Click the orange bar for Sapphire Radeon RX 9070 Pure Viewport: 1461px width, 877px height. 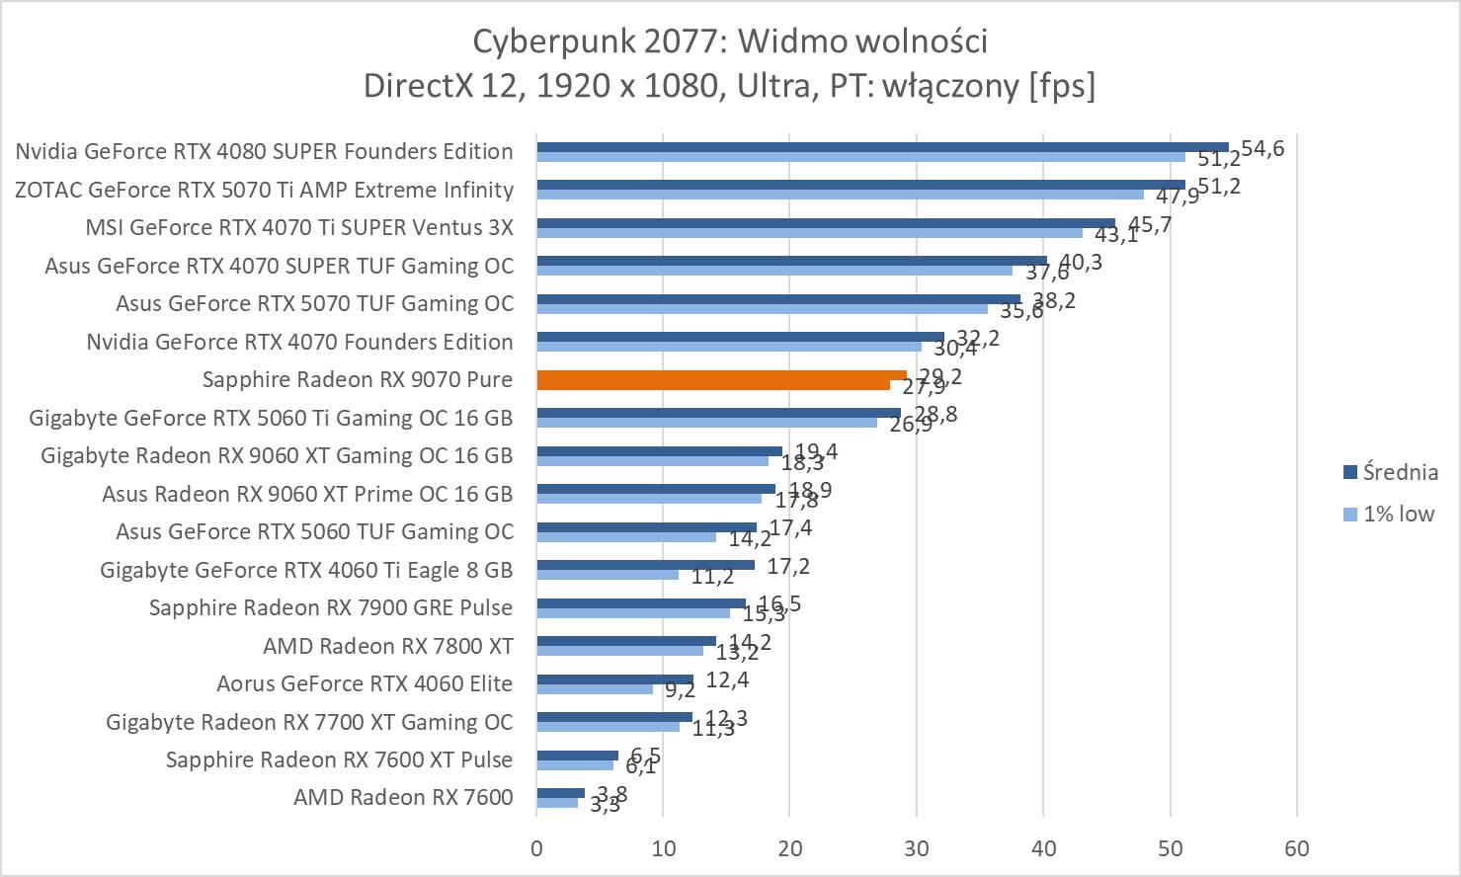point(721,379)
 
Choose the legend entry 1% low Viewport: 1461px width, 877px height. point(1398,514)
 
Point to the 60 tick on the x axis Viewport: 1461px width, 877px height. point(1297,848)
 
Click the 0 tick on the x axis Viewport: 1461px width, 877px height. point(536,848)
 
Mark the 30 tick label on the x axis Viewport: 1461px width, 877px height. point(917,848)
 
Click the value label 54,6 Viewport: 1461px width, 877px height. point(1262,149)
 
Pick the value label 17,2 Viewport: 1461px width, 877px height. point(789,567)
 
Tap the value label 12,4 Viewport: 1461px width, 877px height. point(727,679)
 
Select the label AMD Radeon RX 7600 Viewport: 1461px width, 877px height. point(403,797)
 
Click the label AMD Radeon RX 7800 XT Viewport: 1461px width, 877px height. point(388,646)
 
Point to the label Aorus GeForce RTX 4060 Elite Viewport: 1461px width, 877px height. point(365,683)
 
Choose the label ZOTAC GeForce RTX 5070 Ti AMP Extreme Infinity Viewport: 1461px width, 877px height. point(264,190)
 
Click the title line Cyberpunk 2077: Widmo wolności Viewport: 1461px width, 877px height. point(730,41)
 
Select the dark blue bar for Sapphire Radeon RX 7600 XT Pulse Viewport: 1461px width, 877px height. point(577,756)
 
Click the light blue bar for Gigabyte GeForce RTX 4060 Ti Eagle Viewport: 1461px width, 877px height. point(608,575)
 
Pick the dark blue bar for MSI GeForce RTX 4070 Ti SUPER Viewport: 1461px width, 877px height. point(826,223)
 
